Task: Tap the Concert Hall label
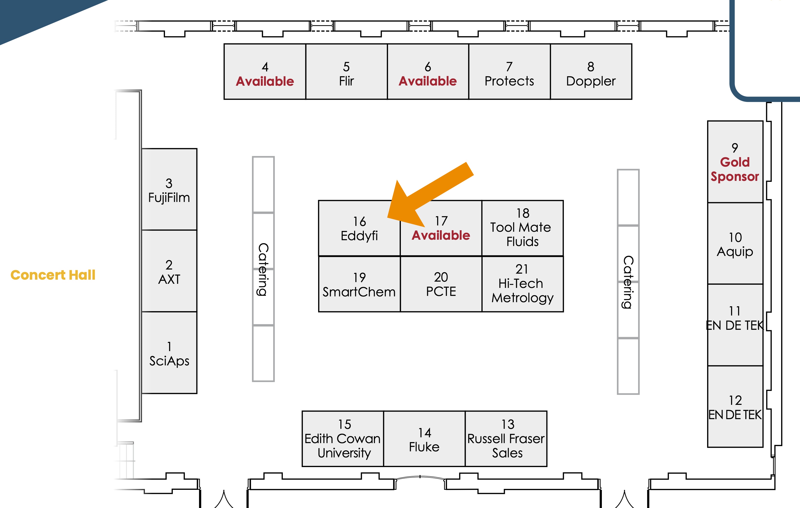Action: [53, 275]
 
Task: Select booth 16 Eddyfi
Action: [359, 229]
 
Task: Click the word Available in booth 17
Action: [441, 235]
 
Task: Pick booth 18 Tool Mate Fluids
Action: [522, 228]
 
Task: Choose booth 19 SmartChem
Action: [359, 285]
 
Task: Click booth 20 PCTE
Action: [441, 284]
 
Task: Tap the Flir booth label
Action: [346, 81]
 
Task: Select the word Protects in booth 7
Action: [509, 81]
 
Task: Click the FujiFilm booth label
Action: [169, 198]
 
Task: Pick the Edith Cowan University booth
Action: [343, 439]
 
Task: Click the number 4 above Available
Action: [265, 67]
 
